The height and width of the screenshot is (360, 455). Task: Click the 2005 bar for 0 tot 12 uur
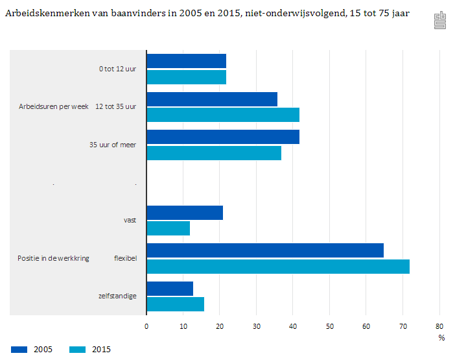click(186, 61)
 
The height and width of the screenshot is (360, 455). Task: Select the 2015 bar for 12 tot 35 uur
click(223, 115)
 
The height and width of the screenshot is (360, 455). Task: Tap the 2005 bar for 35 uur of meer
click(223, 137)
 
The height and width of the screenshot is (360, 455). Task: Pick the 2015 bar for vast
click(168, 228)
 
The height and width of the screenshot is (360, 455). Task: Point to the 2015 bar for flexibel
click(278, 266)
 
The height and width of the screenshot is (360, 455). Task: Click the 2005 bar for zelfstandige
click(170, 289)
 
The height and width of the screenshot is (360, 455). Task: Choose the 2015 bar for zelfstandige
click(175, 304)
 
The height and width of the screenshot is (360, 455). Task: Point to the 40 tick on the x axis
click(293, 326)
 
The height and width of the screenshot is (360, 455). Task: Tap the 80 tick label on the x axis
click(439, 326)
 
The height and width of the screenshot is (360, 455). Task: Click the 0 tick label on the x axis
click(146, 326)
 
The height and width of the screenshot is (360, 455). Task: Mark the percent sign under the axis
click(441, 337)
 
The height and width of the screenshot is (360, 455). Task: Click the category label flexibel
click(125, 258)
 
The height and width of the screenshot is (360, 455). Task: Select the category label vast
click(130, 220)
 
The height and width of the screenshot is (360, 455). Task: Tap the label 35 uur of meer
click(113, 145)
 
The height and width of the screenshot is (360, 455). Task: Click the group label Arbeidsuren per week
click(54, 106)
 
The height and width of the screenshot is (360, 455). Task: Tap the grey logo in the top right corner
click(440, 21)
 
